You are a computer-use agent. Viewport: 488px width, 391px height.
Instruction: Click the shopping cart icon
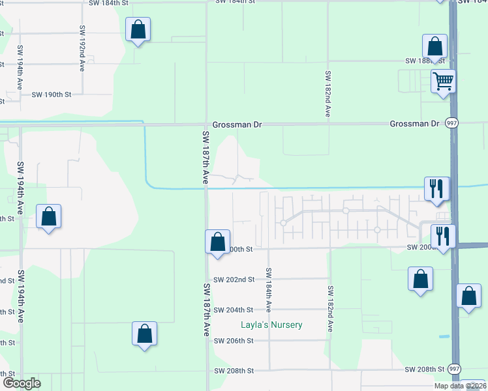click(x=443, y=81)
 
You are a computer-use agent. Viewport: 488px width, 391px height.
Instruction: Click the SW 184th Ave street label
click(x=268, y=289)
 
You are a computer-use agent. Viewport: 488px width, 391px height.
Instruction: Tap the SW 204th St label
click(x=234, y=310)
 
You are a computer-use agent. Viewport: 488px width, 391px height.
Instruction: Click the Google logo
click(x=22, y=383)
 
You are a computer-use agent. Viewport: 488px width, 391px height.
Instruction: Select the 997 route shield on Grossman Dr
click(x=451, y=123)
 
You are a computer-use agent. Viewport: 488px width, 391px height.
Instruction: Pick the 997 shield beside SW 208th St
click(x=455, y=369)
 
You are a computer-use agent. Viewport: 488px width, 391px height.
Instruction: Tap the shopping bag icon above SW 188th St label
click(x=435, y=46)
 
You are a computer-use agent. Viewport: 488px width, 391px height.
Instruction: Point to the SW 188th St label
click(x=425, y=61)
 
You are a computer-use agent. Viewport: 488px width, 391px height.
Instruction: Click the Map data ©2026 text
click(x=460, y=386)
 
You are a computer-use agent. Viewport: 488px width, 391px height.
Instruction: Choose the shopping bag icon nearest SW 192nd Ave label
click(x=138, y=29)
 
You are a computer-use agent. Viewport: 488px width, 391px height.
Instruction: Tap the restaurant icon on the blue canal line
click(x=436, y=188)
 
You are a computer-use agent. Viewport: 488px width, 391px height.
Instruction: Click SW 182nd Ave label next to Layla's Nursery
click(x=331, y=309)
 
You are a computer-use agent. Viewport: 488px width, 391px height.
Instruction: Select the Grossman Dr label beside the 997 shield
click(x=414, y=124)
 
